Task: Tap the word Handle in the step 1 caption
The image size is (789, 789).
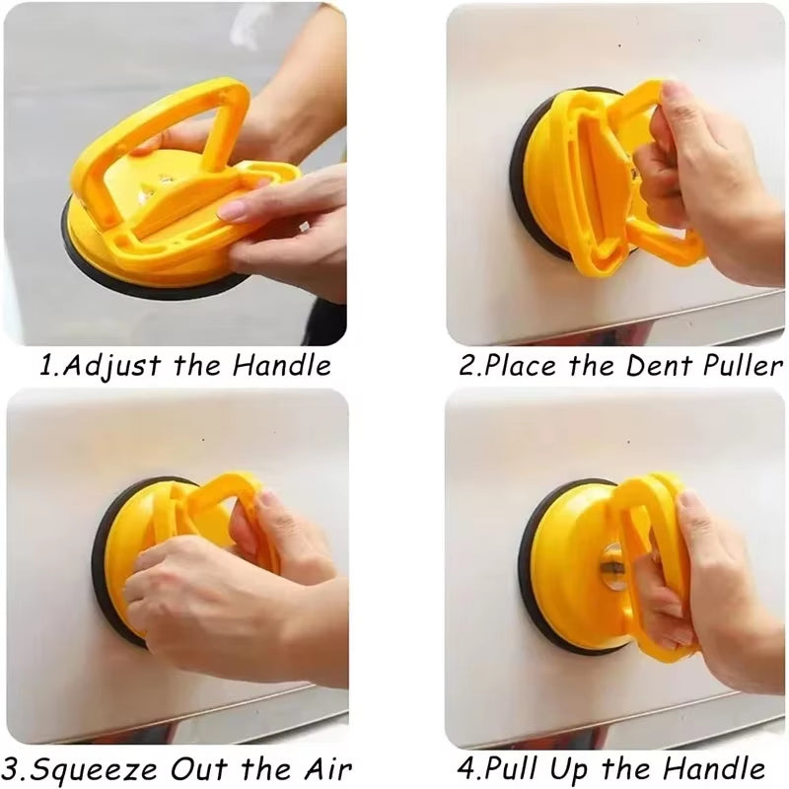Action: tap(281, 366)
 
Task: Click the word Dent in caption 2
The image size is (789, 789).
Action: tap(659, 366)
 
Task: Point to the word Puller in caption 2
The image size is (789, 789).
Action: tap(741, 366)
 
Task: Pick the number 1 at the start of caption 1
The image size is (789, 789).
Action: tap(45, 367)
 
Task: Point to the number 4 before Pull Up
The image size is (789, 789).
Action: tap(467, 768)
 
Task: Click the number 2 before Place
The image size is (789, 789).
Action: tap(468, 367)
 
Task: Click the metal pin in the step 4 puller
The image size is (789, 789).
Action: tap(612, 567)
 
